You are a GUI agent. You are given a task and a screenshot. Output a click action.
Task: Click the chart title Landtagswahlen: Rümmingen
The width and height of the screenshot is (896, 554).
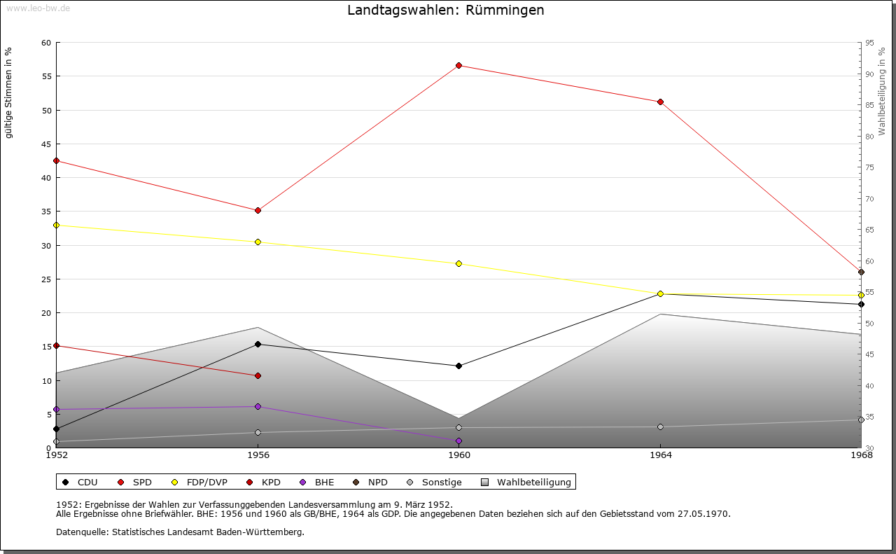[445, 11]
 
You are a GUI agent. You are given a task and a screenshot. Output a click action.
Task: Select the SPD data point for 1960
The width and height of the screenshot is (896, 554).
[458, 65]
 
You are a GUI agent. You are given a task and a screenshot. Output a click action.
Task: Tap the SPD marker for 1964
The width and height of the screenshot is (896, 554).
[660, 102]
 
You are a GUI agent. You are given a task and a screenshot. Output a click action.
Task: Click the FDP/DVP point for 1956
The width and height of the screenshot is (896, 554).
[258, 242]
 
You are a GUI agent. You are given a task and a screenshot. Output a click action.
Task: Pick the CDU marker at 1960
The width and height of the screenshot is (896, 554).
[458, 366]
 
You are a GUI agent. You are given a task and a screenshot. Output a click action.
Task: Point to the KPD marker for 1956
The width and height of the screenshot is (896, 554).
[258, 375]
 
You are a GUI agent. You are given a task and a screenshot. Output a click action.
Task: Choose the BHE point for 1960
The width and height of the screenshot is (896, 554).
[458, 441]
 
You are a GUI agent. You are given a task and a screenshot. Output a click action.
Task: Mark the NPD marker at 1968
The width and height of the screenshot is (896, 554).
[861, 272]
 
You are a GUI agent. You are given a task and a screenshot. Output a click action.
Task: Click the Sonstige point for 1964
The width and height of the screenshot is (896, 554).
[660, 427]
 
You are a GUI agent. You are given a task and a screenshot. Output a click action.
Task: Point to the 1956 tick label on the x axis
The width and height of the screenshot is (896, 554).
[258, 455]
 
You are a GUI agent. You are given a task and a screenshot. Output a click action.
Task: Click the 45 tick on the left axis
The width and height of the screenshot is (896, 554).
[46, 144]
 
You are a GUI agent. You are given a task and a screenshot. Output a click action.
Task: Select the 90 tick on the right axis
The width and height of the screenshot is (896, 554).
[869, 74]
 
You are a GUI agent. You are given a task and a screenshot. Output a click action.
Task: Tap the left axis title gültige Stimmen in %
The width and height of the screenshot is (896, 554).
[9, 92]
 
